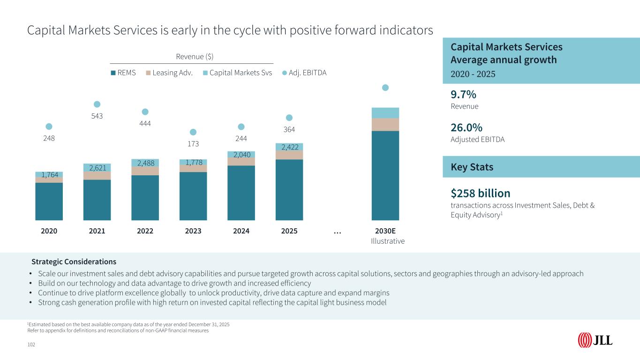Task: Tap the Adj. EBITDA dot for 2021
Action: tap(97, 104)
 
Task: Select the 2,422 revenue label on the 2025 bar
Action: tap(289, 147)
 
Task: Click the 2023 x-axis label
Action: tap(193, 231)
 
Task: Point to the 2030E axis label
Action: tap(385, 231)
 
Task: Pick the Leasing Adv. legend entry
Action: tap(170, 73)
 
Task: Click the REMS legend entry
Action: tap(123, 73)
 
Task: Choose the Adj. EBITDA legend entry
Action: tap(305, 73)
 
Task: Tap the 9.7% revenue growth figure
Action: tap(463, 95)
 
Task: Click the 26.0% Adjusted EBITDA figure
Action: tap(467, 128)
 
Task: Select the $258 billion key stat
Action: tap(480, 193)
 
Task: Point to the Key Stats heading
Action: tap(472, 167)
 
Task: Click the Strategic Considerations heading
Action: tap(74, 262)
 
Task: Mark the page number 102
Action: tap(31, 345)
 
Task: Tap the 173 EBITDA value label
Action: tap(193, 143)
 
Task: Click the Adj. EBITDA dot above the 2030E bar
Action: tap(385, 87)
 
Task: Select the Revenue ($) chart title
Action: tap(194, 57)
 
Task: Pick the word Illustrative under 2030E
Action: tap(387, 241)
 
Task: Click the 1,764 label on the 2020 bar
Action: tap(49, 175)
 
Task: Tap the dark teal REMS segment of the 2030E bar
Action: tap(385, 176)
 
